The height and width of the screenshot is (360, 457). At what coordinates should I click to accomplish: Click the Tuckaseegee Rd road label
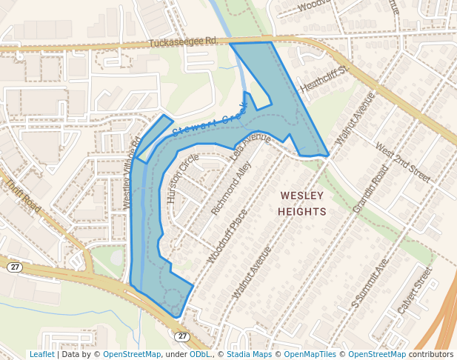pyautogui.click(x=182, y=42)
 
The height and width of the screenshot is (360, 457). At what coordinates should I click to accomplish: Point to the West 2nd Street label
pyautogui.click(x=403, y=162)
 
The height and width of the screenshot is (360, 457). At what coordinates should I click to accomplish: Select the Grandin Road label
pyautogui.click(x=370, y=190)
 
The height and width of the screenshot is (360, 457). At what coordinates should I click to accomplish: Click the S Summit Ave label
pyautogui.click(x=370, y=284)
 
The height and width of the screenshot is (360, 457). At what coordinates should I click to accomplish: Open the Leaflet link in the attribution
pyautogui.click(x=41, y=354)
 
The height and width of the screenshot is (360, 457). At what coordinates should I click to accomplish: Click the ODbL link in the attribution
pyautogui.click(x=199, y=354)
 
